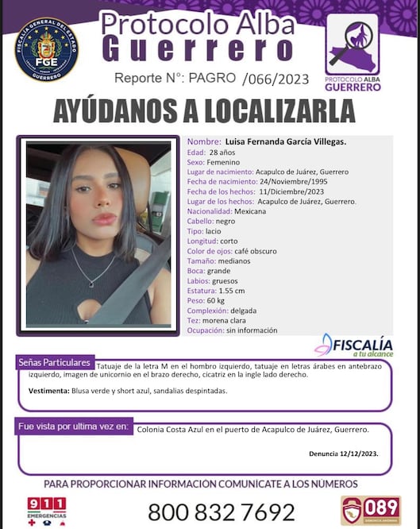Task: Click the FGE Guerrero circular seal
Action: point(47,49)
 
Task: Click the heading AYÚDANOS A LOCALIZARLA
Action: point(203,111)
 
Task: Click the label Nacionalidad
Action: point(209,211)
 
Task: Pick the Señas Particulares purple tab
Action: point(54,363)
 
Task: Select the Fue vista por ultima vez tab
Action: point(73,427)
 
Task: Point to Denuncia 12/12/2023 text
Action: point(343,454)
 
